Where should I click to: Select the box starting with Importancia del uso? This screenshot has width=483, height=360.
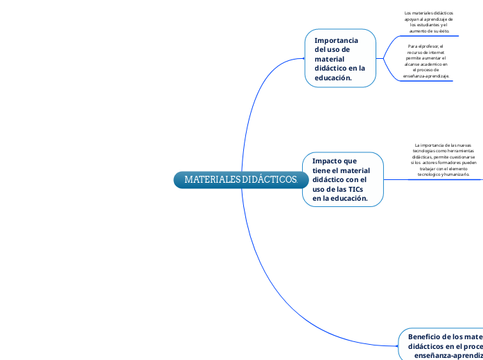[340, 59]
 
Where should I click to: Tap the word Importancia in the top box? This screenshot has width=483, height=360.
[336, 41]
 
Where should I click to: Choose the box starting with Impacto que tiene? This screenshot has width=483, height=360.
[342, 179]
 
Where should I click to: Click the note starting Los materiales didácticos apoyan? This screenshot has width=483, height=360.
[429, 22]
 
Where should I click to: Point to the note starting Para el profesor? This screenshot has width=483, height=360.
[426, 61]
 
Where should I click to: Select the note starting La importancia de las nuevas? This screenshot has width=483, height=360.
[444, 160]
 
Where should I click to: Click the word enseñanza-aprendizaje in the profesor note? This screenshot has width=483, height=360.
[425, 75]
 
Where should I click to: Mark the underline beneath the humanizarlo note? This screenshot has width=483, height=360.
[444, 179]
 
